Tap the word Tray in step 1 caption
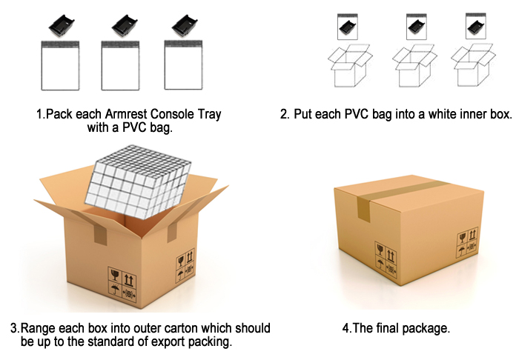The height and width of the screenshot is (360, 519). tap(210, 115)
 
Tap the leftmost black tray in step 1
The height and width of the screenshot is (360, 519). tap(62, 26)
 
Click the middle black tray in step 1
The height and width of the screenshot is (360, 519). tap(125, 26)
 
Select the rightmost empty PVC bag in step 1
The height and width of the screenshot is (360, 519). tap(183, 64)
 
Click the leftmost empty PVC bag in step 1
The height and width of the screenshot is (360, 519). tap(60, 65)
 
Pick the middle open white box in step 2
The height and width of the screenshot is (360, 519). tap(414, 65)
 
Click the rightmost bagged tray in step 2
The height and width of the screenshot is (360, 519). tap(476, 26)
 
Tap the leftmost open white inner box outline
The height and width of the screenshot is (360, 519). tap(350, 65)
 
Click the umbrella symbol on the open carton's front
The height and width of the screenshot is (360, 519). tap(115, 289)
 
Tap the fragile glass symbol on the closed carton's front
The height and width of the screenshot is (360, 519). tap(380, 250)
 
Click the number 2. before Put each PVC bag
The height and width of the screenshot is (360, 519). tap(285, 114)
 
